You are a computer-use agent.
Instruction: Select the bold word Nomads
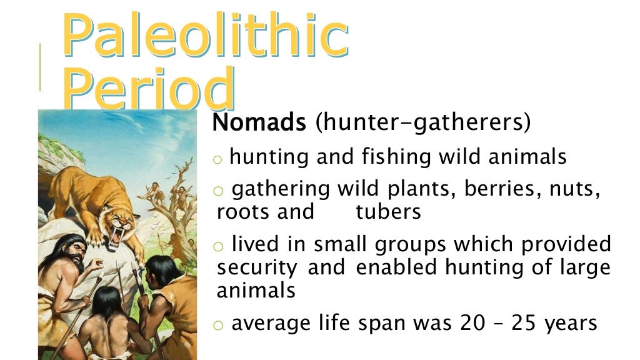(x=259, y=122)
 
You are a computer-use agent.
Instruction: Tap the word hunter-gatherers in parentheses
(x=423, y=122)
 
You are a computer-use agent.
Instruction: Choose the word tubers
(x=388, y=212)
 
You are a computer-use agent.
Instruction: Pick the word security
(x=257, y=268)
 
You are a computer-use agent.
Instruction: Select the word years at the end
(x=571, y=323)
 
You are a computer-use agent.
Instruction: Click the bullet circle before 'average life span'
(x=217, y=325)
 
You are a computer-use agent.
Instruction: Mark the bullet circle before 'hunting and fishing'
(x=217, y=159)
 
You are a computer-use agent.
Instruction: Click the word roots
(x=243, y=212)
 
